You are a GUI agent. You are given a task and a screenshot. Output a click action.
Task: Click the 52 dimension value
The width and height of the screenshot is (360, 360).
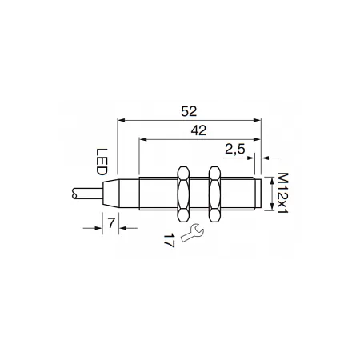(x=189, y=111)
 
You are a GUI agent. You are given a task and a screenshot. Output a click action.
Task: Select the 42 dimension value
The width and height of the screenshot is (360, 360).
(x=198, y=130)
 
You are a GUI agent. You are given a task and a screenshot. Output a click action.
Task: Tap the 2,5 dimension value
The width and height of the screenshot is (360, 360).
(x=234, y=150)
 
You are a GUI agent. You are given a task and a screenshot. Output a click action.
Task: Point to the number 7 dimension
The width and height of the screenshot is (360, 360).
(x=111, y=223)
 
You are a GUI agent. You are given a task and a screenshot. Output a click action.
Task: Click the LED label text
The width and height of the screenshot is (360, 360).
(x=102, y=162)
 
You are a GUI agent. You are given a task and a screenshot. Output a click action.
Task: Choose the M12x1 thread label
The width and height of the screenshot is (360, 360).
(x=282, y=193)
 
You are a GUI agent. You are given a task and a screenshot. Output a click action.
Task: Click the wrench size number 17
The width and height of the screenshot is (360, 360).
(x=169, y=241)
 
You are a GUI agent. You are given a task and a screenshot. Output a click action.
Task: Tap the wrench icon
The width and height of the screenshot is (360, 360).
(x=192, y=233)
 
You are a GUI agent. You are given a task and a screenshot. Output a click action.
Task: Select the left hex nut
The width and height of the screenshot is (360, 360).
(x=183, y=194)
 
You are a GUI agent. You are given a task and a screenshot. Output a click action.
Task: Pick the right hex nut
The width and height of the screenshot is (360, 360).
(x=214, y=194)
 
